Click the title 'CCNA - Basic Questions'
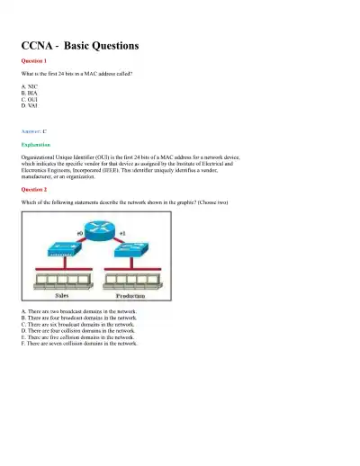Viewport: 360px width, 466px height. (x=79, y=45)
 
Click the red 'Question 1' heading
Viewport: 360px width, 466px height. (x=33, y=60)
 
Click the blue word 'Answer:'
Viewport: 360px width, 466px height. (x=30, y=130)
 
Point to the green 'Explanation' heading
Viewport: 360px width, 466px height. (x=36, y=144)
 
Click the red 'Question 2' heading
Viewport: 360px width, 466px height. (x=33, y=191)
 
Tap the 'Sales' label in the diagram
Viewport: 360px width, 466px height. (x=64, y=295)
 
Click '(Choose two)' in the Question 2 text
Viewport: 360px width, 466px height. (x=212, y=203)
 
